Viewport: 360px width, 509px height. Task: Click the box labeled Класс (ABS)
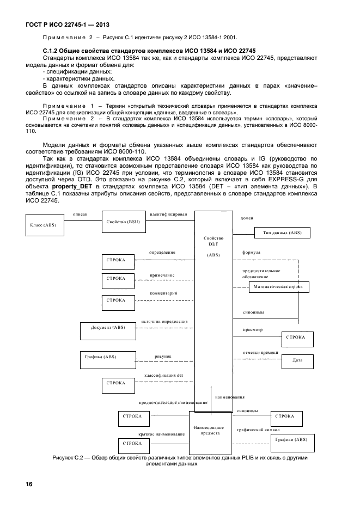(x=43, y=225)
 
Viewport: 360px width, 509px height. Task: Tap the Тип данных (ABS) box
(x=282, y=232)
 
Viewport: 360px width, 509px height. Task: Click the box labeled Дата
(x=297, y=360)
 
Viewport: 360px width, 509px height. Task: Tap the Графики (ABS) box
(x=291, y=439)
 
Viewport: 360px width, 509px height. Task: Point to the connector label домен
(x=247, y=218)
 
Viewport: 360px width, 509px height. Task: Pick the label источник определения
(x=164, y=322)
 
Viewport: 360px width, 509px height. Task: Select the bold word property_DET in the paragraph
(x=72, y=187)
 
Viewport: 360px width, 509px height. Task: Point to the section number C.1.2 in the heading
(x=52, y=50)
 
